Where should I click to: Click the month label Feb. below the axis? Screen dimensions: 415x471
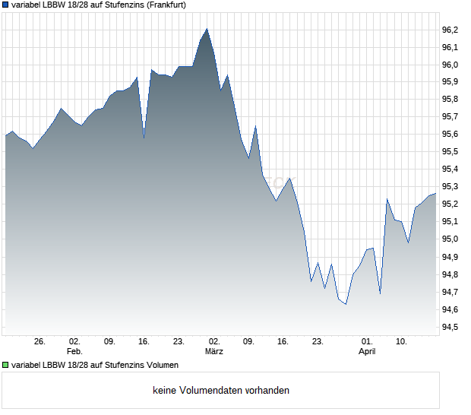tap(74, 352)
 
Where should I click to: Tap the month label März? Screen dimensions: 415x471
tap(214, 352)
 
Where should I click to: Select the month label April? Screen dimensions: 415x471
tap(367, 352)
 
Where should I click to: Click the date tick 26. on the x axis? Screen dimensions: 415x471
tap(40, 342)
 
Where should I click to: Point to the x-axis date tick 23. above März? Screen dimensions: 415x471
tap(179, 342)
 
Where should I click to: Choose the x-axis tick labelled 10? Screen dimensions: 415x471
tap(402, 342)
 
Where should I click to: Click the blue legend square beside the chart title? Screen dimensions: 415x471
tap(6, 5)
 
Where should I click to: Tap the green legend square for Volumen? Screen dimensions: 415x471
tap(6, 364)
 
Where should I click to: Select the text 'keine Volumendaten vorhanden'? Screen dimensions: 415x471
tap(221, 391)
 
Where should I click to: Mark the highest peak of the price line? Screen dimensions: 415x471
tap(207, 29)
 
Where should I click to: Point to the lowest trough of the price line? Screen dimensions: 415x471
tap(346, 304)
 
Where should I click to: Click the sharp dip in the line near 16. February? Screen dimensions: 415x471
tap(144, 138)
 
